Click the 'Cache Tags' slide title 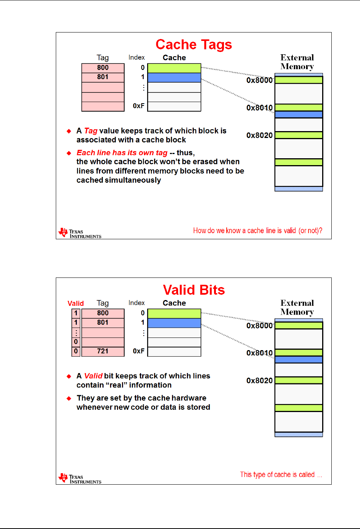pyautogui.click(x=194, y=45)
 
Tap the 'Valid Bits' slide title pyautogui.click(x=194, y=290)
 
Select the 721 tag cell pyautogui.click(x=103, y=351)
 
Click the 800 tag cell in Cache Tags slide pyautogui.click(x=103, y=68)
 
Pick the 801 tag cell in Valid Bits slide pyautogui.click(x=103, y=323)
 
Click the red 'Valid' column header pyautogui.click(x=76, y=303)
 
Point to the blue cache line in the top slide pyautogui.click(x=174, y=78)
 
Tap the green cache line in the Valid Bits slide pyautogui.click(x=174, y=313)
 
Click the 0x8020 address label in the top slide pyautogui.click(x=259, y=135)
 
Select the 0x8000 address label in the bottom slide pyautogui.click(x=259, y=326)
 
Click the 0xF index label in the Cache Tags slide pyautogui.click(x=139, y=106)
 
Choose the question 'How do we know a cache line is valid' pyautogui.click(x=258, y=230)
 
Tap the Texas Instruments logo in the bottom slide pyautogui.click(x=80, y=479)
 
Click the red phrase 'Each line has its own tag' pyautogui.click(x=122, y=153)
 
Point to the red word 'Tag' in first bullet pyautogui.click(x=91, y=131)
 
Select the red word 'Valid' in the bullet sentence pyautogui.click(x=93, y=376)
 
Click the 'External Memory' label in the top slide pyautogui.click(x=297, y=62)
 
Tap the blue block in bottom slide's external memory pyautogui.click(x=299, y=360)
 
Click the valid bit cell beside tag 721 pyautogui.click(x=76, y=351)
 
